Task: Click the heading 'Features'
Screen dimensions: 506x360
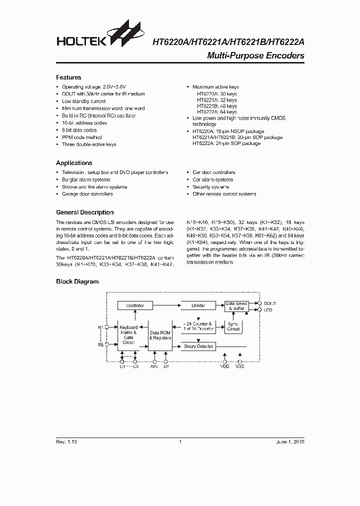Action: (x=68, y=77)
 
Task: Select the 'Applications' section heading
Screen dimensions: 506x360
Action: (x=74, y=163)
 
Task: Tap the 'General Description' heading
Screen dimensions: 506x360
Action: (x=84, y=212)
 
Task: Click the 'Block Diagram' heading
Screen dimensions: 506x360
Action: (x=77, y=281)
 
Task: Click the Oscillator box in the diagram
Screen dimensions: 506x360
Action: (x=135, y=305)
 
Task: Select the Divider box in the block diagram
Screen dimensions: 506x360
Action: (x=199, y=305)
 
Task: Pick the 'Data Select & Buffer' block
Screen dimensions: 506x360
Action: (x=236, y=306)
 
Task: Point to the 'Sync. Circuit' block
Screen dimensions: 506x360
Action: (x=233, y=327)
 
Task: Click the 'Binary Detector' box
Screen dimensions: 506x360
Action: (x=199, y=346)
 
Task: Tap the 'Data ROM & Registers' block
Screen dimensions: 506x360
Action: (x=160, y=335)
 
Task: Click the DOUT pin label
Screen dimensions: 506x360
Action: (x=270, y=303)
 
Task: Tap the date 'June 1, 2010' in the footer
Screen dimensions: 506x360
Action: (x=289, y=442)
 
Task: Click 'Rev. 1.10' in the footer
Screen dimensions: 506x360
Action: (x=66, y=442)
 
